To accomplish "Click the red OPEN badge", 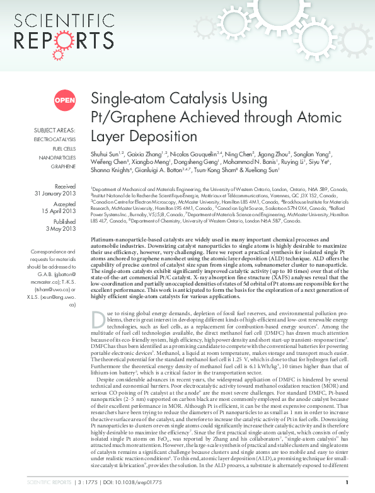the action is [x=64, y=100].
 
